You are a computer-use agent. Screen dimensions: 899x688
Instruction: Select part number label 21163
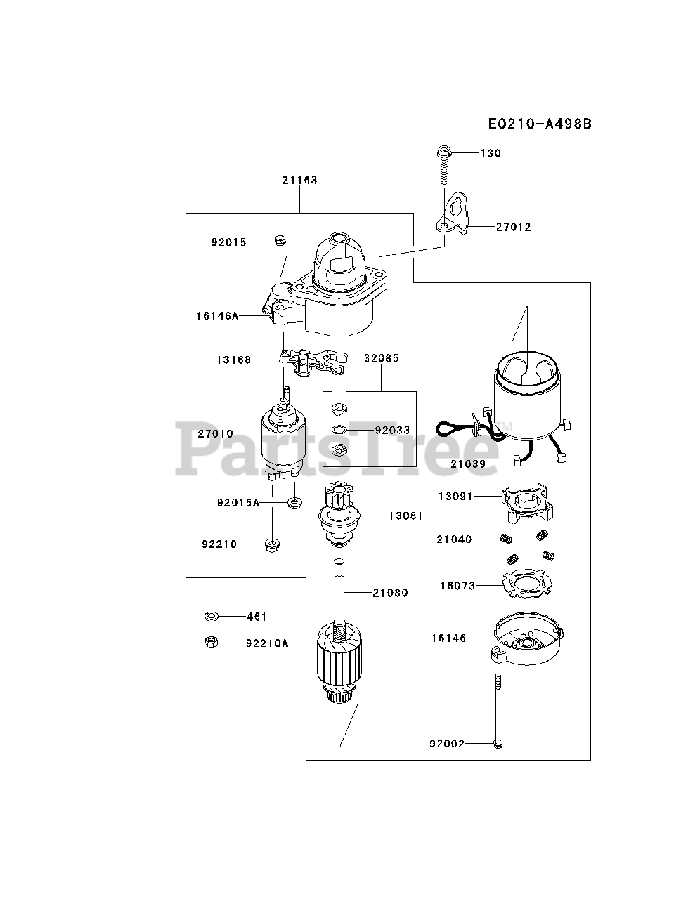[300, 180]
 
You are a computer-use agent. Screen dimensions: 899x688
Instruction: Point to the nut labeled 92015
[279, 240]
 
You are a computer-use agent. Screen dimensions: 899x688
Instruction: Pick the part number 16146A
[216, 316]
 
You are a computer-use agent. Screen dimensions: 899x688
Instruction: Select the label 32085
[381, 358]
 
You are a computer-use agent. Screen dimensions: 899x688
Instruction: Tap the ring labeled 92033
[337, 431]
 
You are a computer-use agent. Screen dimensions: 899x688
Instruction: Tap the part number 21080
[390, 593]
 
